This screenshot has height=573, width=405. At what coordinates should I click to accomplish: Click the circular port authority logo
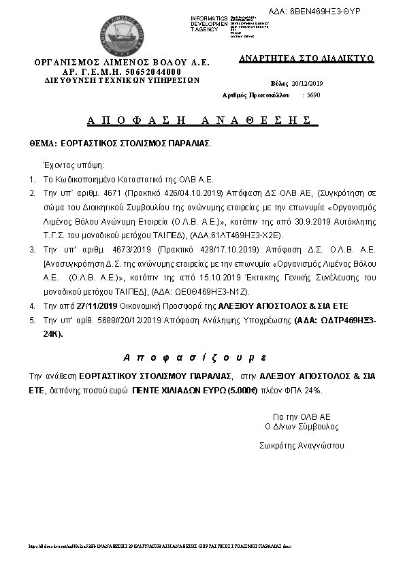tap(122, 33)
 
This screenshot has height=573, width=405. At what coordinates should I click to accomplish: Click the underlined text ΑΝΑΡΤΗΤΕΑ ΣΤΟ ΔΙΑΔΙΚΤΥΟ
tap(306, 59)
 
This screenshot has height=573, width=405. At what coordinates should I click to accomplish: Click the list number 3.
tap(32, 250)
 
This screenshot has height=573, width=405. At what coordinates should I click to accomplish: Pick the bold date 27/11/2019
tap(97, 306)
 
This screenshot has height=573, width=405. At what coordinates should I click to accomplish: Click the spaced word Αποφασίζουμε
tap(195, 357)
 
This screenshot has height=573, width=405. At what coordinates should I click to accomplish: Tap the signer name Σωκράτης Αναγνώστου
tap(302, 446)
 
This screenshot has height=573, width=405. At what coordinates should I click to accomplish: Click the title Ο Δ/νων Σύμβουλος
tap(302, 427)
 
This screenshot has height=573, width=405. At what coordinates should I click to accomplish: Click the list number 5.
tap(32, 319)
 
